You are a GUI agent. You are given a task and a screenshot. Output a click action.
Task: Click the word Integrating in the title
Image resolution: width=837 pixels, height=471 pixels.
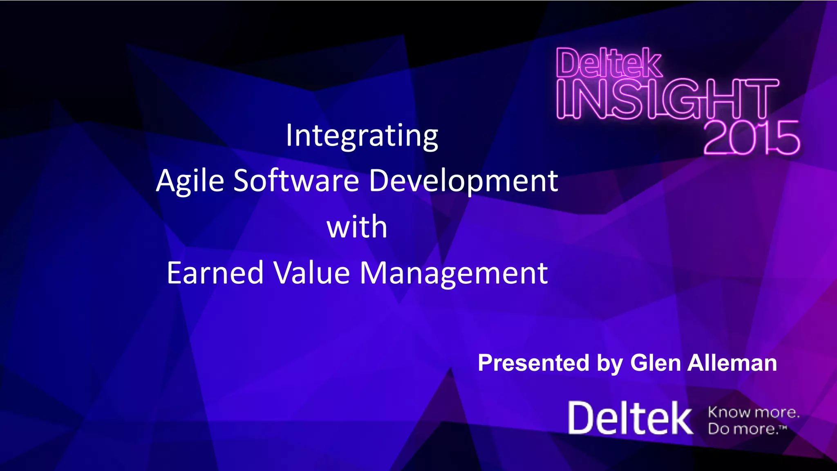click(362, 136)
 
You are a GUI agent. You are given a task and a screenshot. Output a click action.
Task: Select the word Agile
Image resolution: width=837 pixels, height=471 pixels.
click(190, 181)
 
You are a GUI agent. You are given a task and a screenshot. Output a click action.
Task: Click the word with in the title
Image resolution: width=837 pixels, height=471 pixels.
click(357, 227)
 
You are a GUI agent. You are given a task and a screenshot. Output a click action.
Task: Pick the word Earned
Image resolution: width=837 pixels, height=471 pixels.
click(215, 273)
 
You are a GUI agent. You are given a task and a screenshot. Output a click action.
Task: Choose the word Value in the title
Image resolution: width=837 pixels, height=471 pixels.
click(311, 273)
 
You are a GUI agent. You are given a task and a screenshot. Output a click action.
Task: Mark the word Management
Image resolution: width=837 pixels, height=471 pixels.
click(453, 274)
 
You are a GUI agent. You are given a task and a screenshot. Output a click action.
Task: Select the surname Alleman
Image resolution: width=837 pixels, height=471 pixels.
click(732, 363)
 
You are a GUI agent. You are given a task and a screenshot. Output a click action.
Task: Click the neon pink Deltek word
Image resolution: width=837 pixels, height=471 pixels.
click(609, 63)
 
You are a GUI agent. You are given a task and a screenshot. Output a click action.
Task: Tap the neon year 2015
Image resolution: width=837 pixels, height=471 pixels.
click(751, 138)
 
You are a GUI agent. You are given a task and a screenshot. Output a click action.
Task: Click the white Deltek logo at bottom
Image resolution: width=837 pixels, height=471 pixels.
click(630, 418)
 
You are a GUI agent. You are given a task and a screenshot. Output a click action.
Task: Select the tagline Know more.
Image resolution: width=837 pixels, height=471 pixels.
click(753, 412)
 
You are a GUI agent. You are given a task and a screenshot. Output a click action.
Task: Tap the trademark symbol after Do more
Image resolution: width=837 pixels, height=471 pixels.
click(783, 427)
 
